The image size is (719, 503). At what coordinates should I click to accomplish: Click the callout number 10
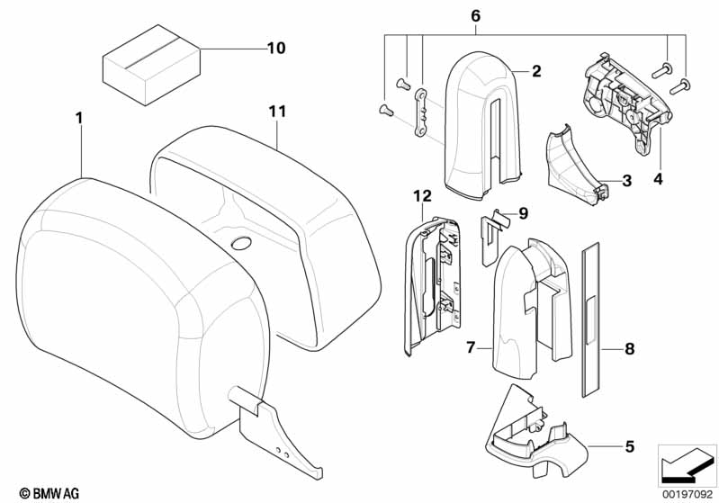point(275,48)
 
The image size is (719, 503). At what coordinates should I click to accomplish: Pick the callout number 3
point(626,180)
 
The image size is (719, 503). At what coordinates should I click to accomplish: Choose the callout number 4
point(658,180)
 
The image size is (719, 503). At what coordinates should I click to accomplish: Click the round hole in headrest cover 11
point(242,244)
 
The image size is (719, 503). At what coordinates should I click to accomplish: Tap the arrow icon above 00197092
point(687,463)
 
